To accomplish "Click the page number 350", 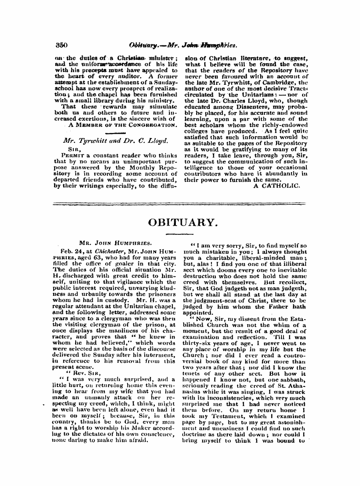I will tap(61, 45).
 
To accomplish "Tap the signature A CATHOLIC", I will tap(276, 185).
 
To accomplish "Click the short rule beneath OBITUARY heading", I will tap(183, 235).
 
